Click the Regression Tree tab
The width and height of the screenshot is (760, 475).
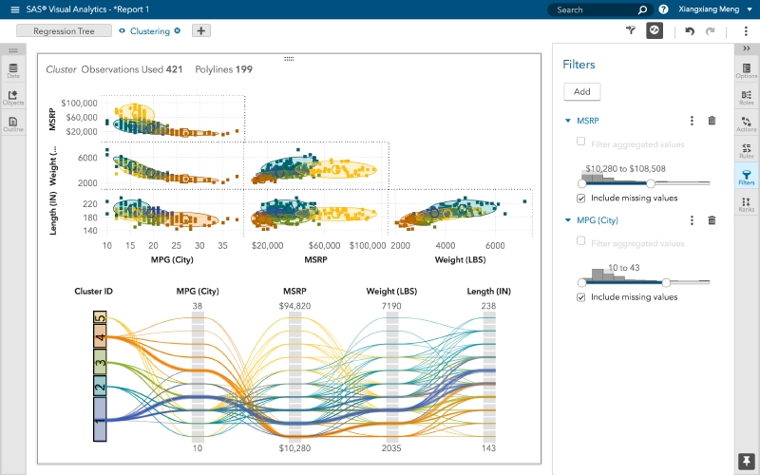(57, 30)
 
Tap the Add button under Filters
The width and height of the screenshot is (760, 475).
(581, 92)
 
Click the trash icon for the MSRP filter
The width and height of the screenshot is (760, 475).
(712, 121)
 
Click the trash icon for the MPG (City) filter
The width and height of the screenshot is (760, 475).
(712, 220)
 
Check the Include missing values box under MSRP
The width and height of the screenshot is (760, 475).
(581, 199)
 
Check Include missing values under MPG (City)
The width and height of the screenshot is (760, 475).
(581, 297)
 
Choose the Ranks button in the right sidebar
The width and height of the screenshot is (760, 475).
(747, 202)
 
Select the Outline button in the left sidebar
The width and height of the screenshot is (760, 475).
(13, 123)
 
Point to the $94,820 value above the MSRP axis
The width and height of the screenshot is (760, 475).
(294, 306)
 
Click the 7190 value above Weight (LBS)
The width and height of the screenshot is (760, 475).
(391, 306)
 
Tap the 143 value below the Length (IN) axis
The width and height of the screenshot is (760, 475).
(489, 447)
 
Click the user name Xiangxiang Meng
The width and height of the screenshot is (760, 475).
(711, 9)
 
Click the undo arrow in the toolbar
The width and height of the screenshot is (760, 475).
(690, 31)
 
